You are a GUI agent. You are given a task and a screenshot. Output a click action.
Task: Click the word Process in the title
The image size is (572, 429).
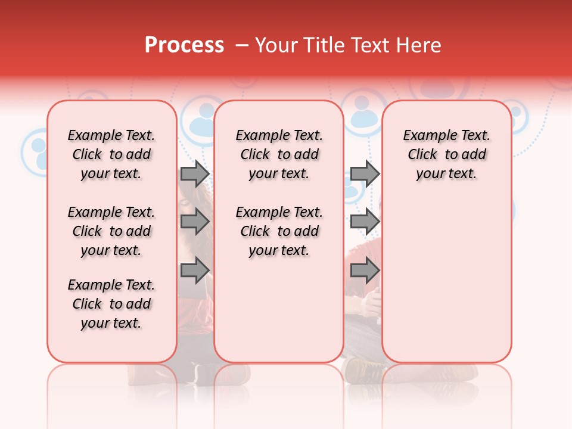click(x=184, y=45)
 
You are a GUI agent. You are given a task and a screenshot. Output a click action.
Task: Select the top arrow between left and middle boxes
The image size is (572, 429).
click(x=195, y=173)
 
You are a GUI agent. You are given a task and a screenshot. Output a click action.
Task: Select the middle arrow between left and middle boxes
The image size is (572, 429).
click(x=195, y=222)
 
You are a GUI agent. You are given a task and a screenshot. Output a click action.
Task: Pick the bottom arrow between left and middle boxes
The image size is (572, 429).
click(x=195, y=271)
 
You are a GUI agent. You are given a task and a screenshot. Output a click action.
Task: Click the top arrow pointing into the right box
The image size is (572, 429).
click(x=365, y=173)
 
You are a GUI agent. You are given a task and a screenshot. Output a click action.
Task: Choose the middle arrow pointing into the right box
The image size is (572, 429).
click(x=365, y=222)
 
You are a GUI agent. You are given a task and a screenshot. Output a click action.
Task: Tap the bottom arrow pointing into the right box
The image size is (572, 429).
click(x=365, y=271)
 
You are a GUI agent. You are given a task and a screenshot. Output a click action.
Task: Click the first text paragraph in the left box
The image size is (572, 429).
click(x=111, y=154)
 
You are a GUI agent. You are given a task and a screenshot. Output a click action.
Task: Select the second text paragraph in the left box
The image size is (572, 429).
click(x=111, y=231)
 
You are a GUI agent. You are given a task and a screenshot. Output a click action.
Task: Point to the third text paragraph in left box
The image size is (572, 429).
click(x=111, y=304)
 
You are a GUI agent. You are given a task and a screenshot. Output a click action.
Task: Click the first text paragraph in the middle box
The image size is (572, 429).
click(x=279, y=154)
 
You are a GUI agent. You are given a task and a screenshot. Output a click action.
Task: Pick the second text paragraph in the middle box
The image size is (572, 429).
click(x=279, y=231)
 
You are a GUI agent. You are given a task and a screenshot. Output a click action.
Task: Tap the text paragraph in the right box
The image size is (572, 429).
click(x=447, y=154)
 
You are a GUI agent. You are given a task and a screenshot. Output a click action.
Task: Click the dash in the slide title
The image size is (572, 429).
click(x=242, y=45)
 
